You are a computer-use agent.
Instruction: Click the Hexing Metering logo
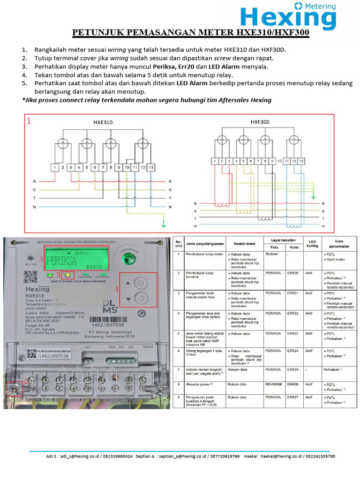(288, 15)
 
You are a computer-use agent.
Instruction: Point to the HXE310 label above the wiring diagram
(103, 122)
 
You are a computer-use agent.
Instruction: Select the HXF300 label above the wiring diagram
(261, 121)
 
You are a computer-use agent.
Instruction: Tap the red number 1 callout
(29, 121)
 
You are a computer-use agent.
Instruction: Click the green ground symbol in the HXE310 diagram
(163, 225)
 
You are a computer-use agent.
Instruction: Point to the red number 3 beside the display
(41, 259)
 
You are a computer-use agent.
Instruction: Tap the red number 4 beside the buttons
(117, 289)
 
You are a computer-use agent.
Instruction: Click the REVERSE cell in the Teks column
(274, 384)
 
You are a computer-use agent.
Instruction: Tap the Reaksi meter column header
(244, 244)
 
